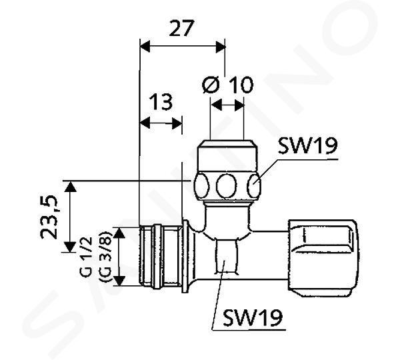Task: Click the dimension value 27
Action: (181, 28)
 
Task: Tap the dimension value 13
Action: (161, 102)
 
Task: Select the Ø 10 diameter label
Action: (228, 85)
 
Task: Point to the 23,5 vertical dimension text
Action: (49, 217)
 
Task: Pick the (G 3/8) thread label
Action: (105, 257)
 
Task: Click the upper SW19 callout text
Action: (307, 146)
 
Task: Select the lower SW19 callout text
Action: (253, 317)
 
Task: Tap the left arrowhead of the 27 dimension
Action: (145, 46)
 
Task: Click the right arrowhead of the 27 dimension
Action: (221, 47)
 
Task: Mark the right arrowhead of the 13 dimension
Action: (177, 124)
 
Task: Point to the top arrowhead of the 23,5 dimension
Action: (70, 186)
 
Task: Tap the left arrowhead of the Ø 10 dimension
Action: (216, 105)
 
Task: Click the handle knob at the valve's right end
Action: (323, 258)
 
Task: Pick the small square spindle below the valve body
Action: (227, 256)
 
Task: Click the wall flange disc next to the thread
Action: (186, 256)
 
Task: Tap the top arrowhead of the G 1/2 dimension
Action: (119, 233)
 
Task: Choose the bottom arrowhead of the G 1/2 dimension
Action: (119, 281)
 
